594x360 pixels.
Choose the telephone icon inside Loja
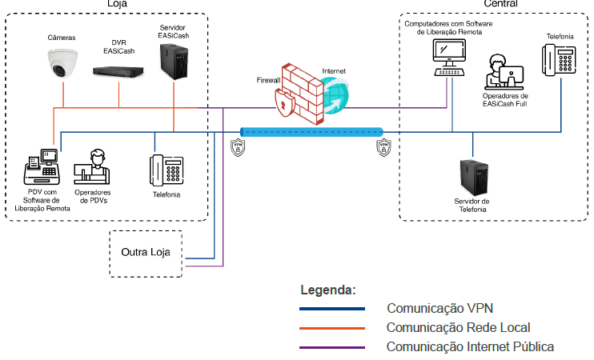(x=167, y=170)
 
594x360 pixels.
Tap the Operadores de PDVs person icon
(x=92, y=169)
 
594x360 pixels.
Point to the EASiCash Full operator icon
(x=504, y=72)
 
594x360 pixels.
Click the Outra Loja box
(x=145, y=253)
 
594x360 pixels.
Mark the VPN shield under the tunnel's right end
(x=383, y=147)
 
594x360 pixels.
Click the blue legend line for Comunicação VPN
(x=331, y=308)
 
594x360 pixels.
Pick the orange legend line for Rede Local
(x=331, y=327)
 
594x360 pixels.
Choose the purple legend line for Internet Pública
(x=331, y=346)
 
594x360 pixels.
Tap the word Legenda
(x=327, y=290)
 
